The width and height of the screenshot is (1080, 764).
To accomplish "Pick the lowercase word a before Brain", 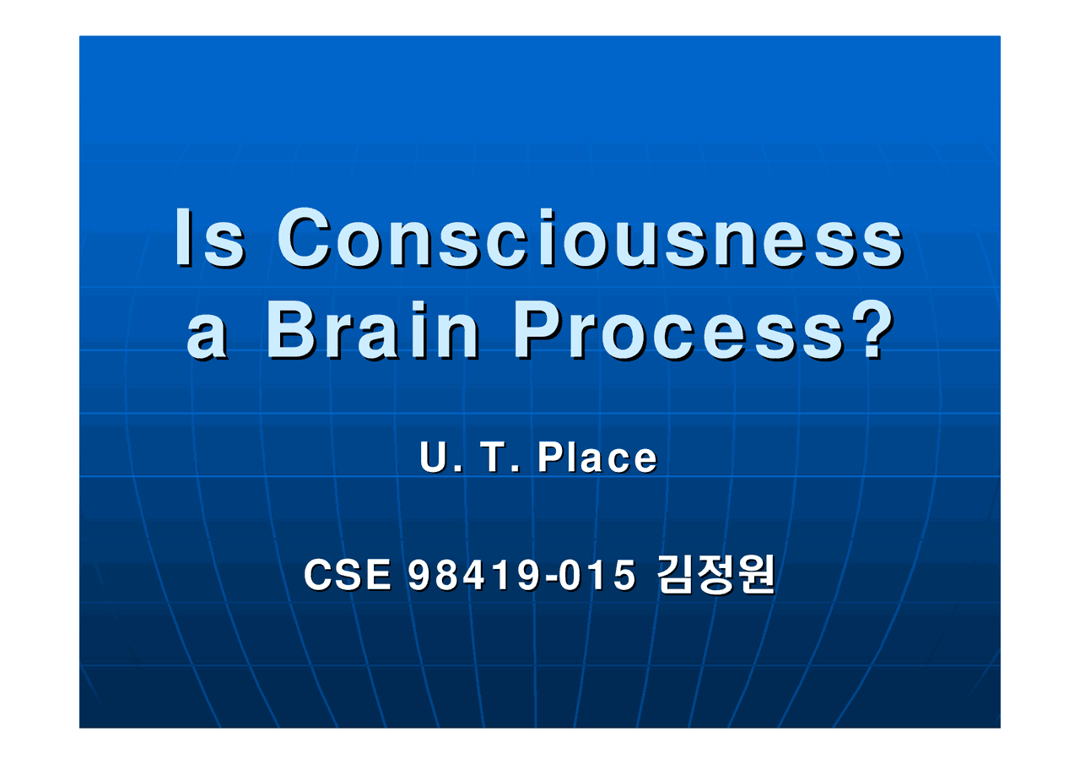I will tap(208, 338).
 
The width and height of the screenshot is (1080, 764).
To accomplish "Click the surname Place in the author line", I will tap(597, 458).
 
